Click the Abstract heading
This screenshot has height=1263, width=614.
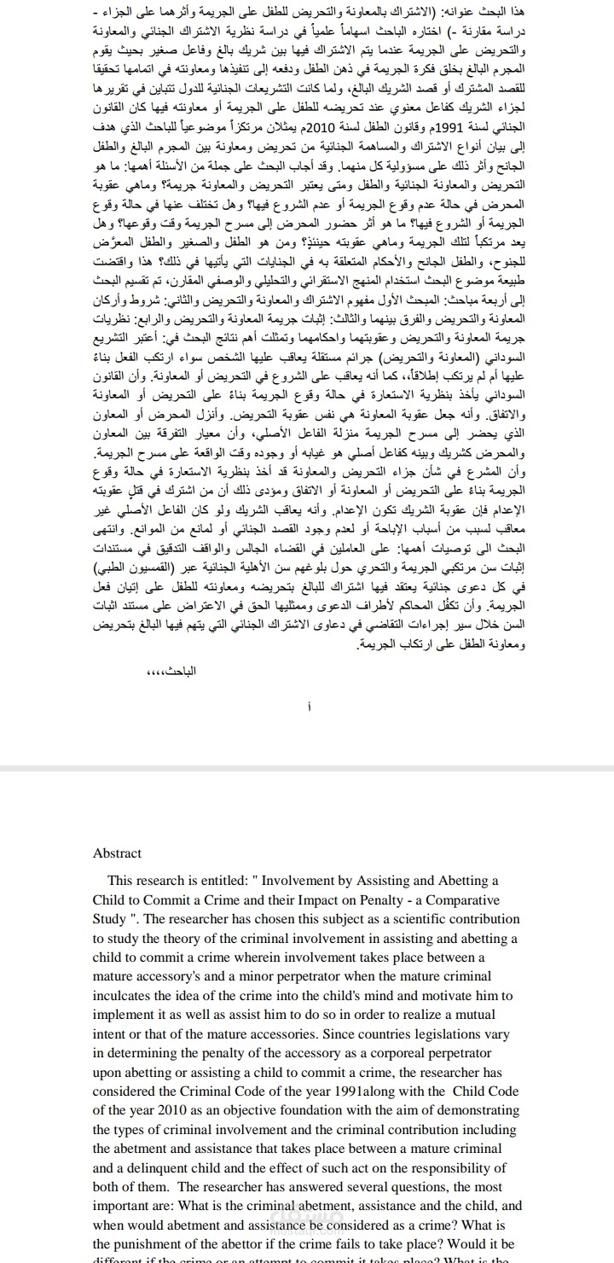[x=117, y=853]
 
